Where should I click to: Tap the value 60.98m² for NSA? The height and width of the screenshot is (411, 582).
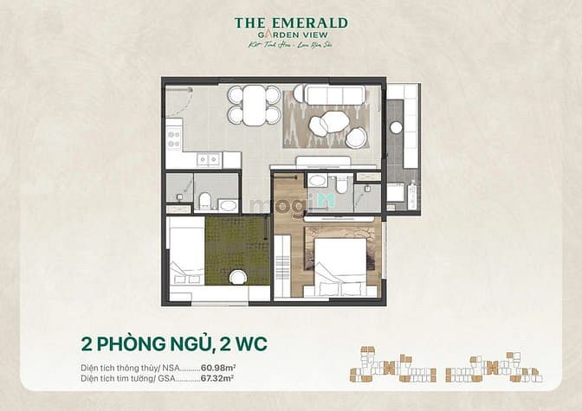click(x=219, y=369)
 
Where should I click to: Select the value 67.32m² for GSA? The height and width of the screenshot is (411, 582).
click(x=219, y=379)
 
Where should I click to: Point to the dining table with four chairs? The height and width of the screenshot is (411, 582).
click(x=255, y=106)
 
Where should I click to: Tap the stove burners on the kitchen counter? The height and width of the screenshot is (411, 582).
click(x=174, y=135)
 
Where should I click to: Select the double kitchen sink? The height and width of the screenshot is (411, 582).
click(x=209, y=159)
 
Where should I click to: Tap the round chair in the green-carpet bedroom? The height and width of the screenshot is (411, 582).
click(x=238, y=277)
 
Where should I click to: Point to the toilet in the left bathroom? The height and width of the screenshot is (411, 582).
click(x=205, y=202)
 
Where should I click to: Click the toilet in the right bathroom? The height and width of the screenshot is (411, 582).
click(x=341, y=183)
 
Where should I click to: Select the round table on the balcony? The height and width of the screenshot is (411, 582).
click(x=397, y=127)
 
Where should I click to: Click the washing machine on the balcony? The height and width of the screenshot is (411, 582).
click(x=411, y=196)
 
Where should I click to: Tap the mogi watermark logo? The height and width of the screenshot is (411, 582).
click(x=279, y=205)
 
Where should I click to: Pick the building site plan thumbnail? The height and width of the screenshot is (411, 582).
click(x=445, y=364)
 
